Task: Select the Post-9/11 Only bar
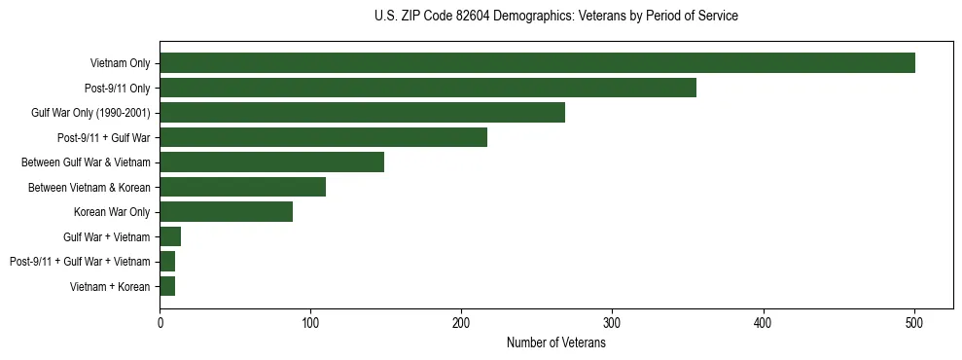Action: point(428,88)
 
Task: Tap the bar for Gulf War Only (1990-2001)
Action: point(362,113)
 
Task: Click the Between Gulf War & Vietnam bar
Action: point(271,162)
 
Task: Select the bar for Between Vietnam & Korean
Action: point(242,187)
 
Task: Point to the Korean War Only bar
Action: point(226,212)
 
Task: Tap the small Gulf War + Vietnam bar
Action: point(170,236)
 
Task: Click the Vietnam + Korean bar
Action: point(167,286)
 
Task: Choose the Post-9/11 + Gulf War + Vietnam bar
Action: point(167,262)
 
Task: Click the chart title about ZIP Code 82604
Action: point(555,17)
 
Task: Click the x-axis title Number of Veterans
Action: point(555,342)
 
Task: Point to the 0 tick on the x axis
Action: point(160,322)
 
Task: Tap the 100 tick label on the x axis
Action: point(310,322)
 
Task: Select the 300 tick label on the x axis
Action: point(612,322)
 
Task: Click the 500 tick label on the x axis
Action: point(913,322)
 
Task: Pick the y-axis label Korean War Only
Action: point(112,212)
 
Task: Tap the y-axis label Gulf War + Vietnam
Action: point(107,236)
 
